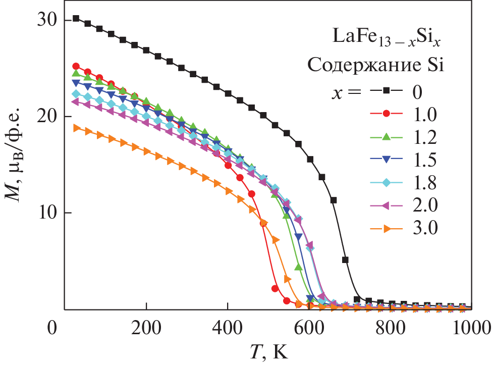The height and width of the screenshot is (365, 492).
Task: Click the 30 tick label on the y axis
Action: tap(47, 20)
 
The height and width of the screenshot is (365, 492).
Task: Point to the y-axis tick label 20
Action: tap(47, 117)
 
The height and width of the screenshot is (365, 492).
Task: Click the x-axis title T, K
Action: tap(270, 351)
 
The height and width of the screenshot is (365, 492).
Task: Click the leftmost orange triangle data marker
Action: tap(76, 128)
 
